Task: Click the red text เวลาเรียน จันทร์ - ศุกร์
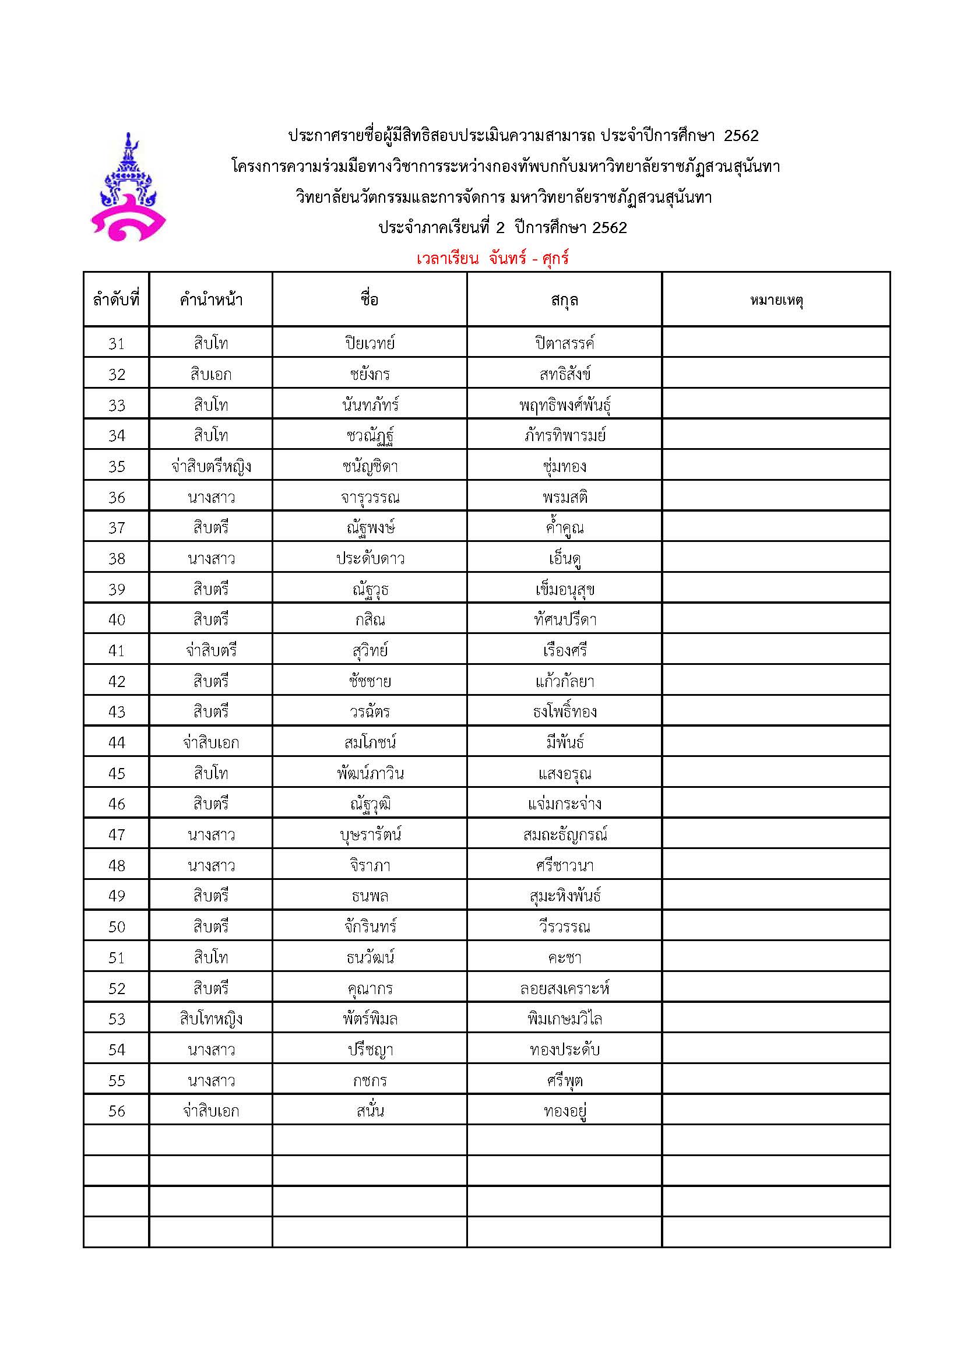[492, 259]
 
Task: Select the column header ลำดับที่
[117, 300]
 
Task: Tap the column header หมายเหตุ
[776, 300]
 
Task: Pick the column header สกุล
[564, 300]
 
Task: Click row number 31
[117, 343]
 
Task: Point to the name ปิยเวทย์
[370, 343]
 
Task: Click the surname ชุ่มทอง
[564, 467]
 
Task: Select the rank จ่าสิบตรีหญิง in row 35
[211, 467]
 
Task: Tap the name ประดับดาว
[370, 559]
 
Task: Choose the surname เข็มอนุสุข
[564, 590]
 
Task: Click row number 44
[117, 742]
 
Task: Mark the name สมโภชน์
[370, 742]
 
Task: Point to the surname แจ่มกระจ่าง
[564, 804]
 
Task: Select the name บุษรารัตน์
[370, 834]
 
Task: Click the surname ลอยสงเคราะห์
[564, 988]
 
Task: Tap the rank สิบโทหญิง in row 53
[211, 1019]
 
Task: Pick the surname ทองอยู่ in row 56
[564, 1111]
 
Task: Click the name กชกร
[370, 1080]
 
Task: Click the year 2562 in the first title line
[741, 136]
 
